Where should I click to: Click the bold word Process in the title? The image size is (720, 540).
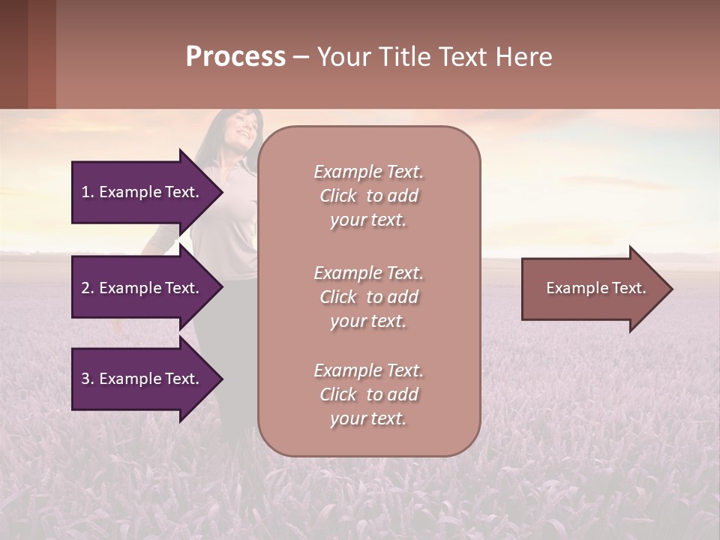(x=235, y=57)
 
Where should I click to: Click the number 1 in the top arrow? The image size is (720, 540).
(x=85, y=192)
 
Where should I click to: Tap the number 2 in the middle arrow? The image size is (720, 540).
(x=85, y=288)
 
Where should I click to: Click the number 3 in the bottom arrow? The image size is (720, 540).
(x=85, y=379)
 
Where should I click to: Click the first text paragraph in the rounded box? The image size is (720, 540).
(x=368, y=196)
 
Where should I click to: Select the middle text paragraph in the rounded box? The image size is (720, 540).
(x=368, y=297)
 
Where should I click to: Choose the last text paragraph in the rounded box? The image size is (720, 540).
(x=368, y=394)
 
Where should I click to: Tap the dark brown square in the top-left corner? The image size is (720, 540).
(x=13, y=54)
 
